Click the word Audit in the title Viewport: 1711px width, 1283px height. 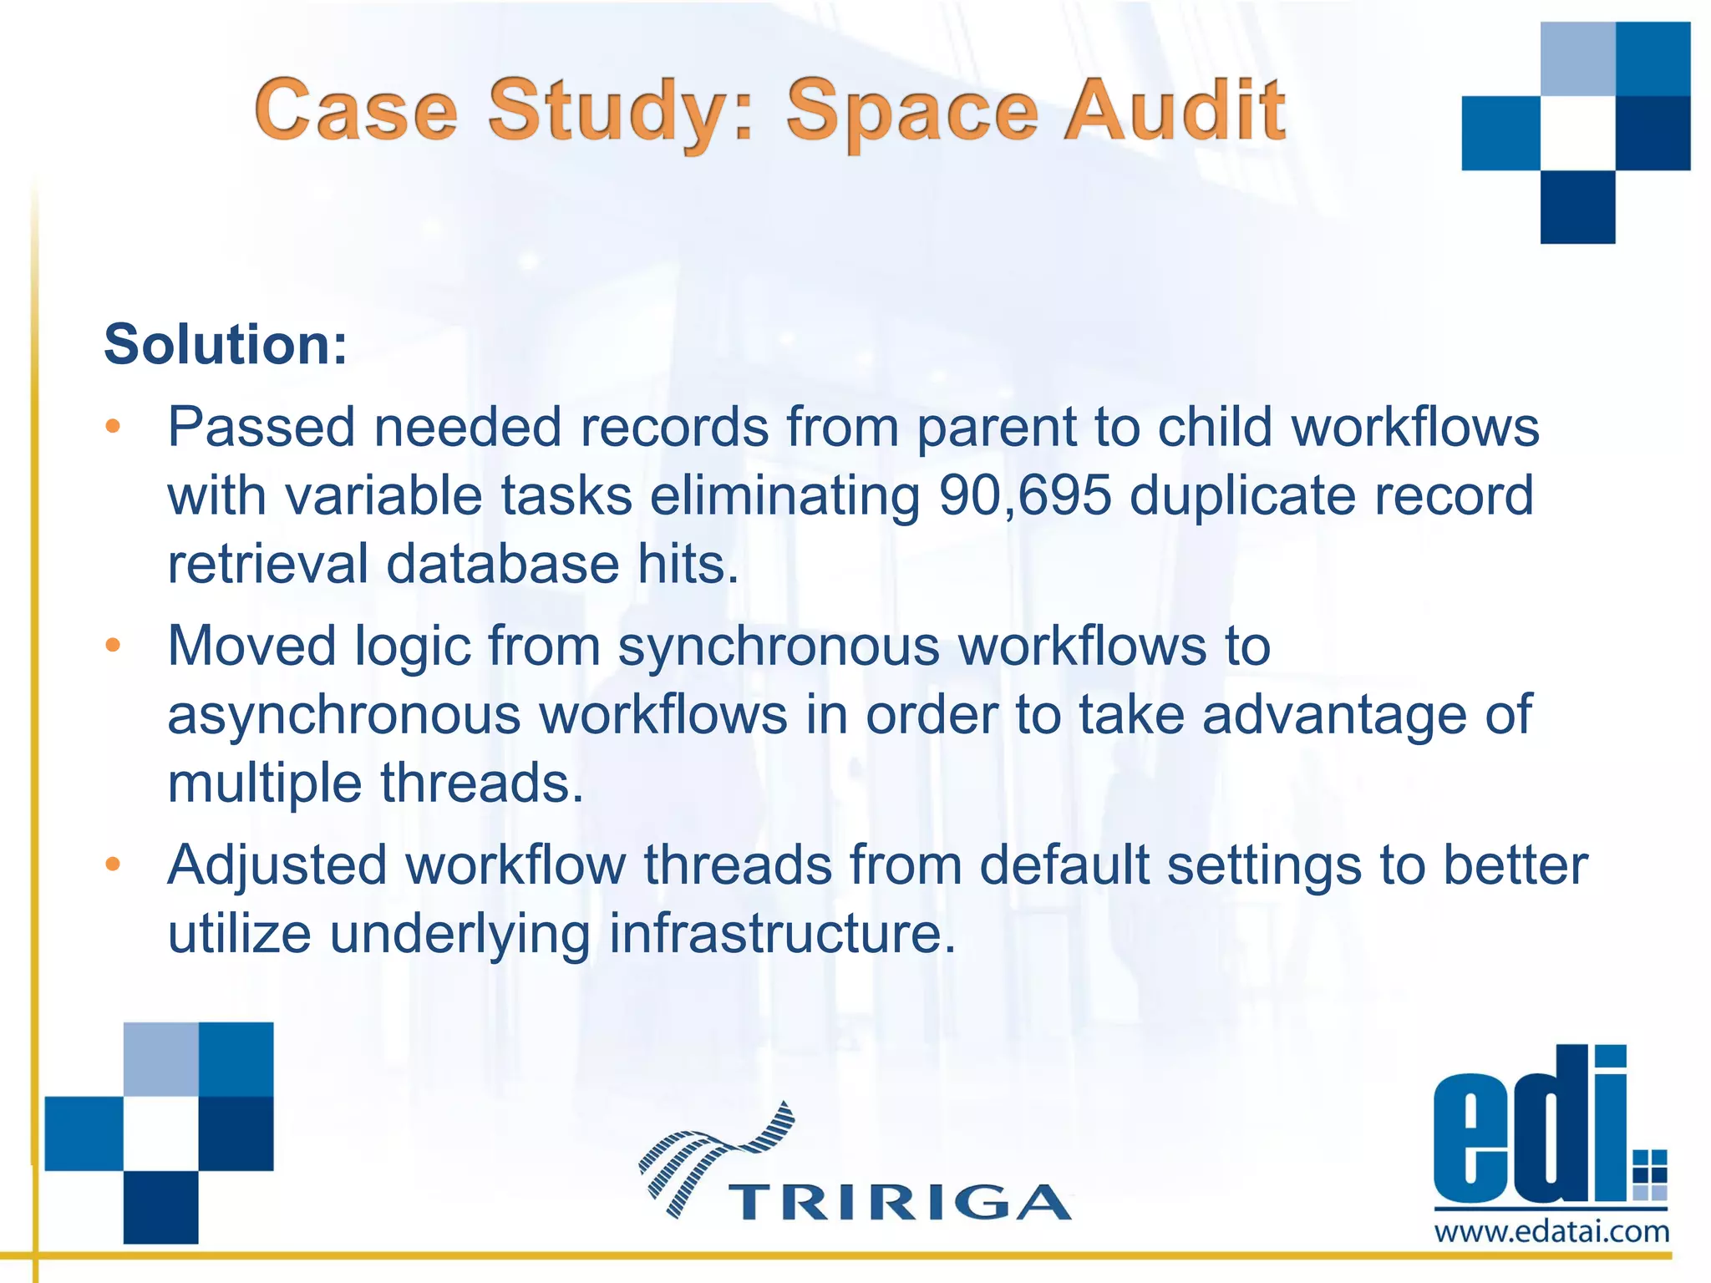coord(1174,110)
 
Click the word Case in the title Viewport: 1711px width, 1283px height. coord(356,110)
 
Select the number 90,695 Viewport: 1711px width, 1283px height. coord(1025,495)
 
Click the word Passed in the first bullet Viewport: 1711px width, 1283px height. coord(261,428)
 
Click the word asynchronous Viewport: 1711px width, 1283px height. coord(344,716)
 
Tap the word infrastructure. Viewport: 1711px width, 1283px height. coord(781,933)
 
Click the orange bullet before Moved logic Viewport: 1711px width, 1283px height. coord(113,646)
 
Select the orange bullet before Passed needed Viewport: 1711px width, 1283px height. coord(113,427)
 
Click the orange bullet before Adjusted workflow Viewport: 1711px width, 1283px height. coord(113,865)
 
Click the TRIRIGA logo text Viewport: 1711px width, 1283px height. coord(900,1203)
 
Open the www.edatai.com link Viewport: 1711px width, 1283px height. coord(1551,1232)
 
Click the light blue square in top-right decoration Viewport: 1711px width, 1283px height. coord(1577,58)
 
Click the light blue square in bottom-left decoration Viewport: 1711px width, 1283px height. coord(160,1058)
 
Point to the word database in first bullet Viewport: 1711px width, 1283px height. coord(502,564)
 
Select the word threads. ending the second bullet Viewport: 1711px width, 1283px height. coord(482,783)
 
